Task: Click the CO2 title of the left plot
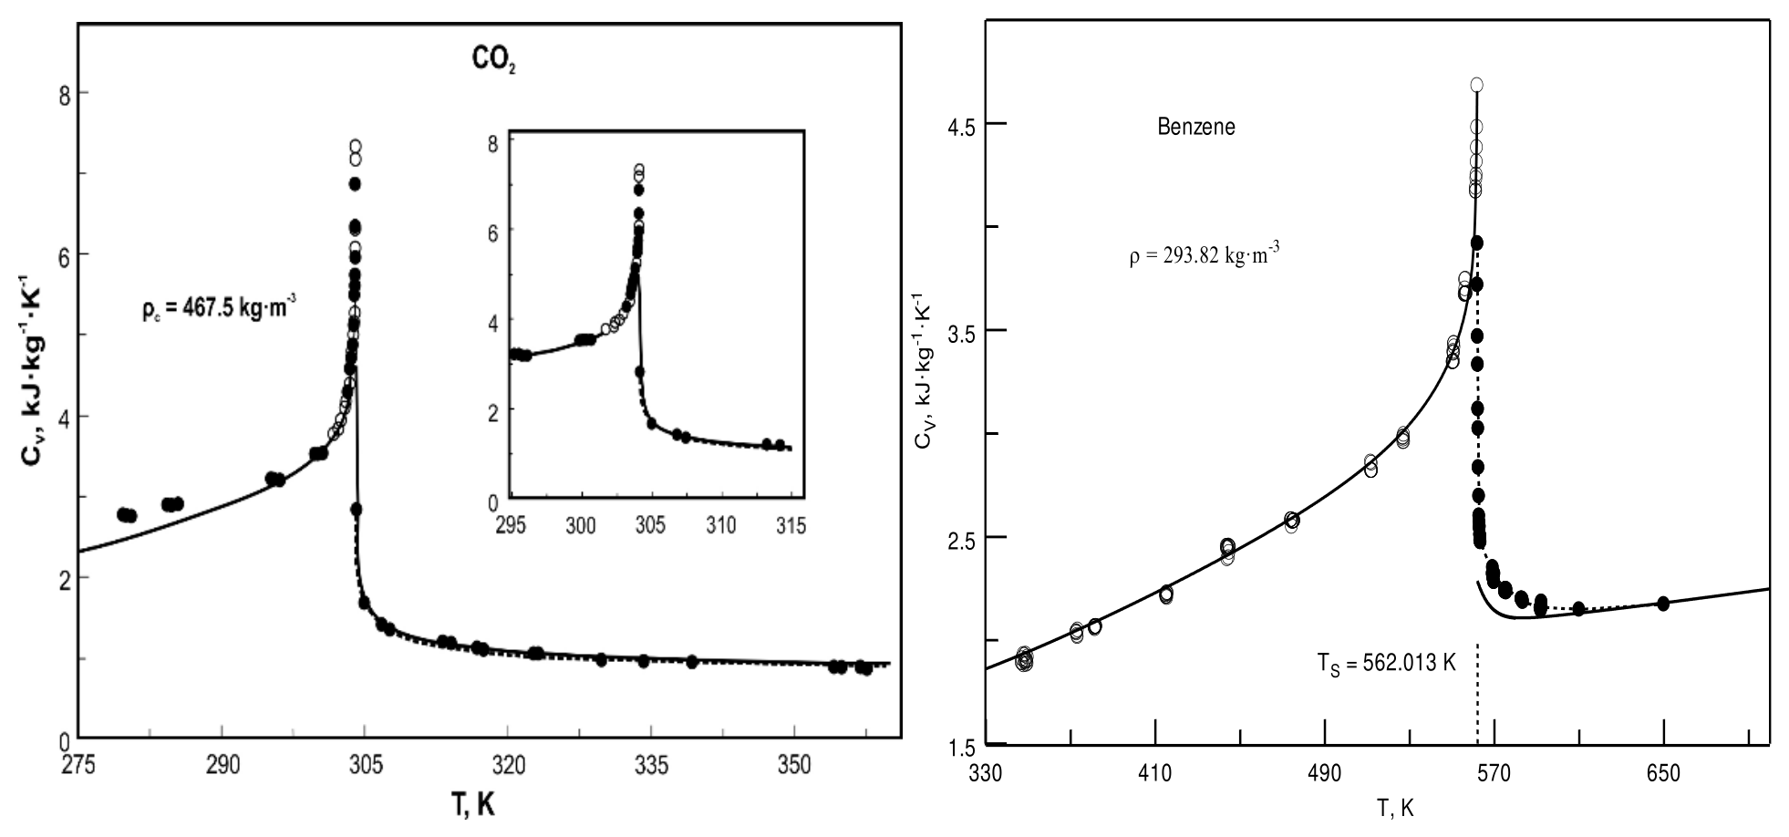494,61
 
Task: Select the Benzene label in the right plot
1196,127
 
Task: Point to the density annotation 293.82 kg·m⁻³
1204,255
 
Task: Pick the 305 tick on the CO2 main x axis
366,765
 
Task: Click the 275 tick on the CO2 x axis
79,765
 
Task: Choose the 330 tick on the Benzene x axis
986,774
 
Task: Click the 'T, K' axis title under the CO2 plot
473,805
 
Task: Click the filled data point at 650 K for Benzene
1663,604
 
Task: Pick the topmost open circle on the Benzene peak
1476,85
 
